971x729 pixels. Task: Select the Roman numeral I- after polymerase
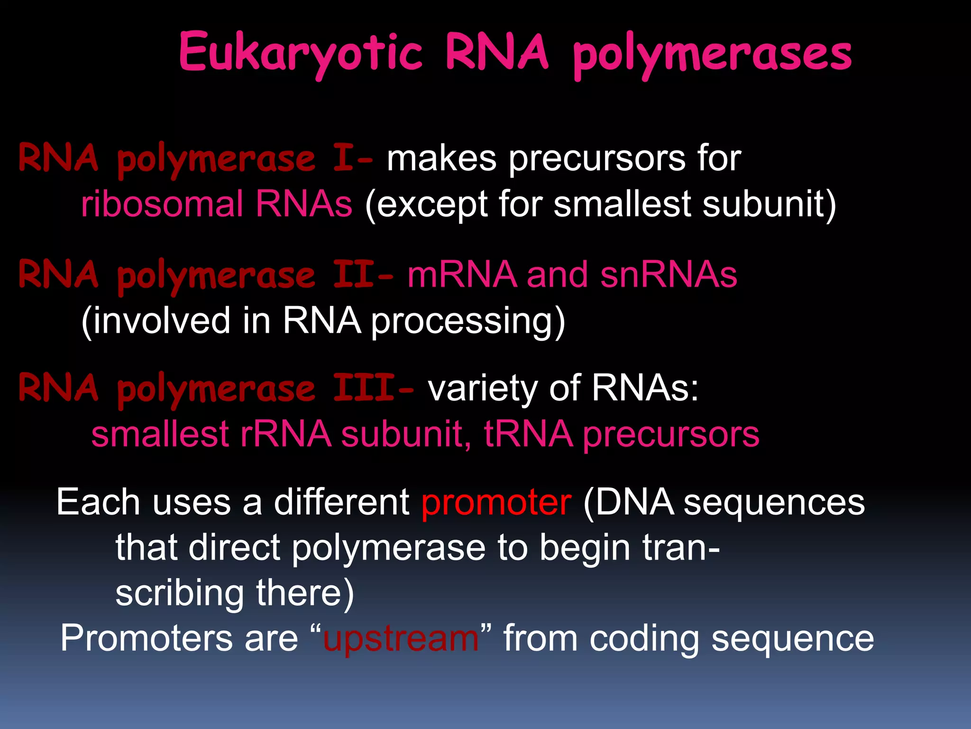coord(352,158)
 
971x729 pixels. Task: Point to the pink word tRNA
coord(528,434)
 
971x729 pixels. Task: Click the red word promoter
coord(496,503)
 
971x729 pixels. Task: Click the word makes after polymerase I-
coord(441,158)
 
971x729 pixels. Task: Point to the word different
coord(342,502)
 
